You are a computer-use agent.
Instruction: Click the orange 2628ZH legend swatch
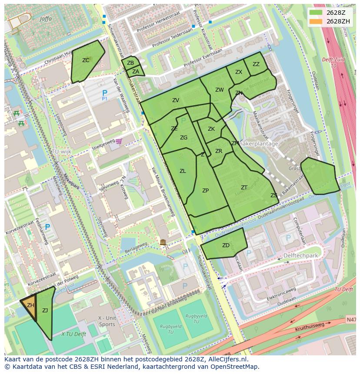316,21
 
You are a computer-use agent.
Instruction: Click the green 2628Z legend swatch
316,13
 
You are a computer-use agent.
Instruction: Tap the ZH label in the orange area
30,305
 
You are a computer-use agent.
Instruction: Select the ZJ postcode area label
45,310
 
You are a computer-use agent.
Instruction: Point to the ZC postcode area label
86,60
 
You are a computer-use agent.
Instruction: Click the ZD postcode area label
226,245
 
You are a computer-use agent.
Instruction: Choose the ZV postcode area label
176,100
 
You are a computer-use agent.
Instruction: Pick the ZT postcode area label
244,188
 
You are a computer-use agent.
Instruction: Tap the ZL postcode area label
183,171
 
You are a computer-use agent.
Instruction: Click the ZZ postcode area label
256,64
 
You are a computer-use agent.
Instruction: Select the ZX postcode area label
238,72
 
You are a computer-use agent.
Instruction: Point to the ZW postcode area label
219,90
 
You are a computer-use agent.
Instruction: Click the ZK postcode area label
211,129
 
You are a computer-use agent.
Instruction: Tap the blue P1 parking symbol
104,94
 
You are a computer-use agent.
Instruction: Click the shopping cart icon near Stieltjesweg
119,141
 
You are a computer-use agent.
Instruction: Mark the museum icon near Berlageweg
163,242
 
